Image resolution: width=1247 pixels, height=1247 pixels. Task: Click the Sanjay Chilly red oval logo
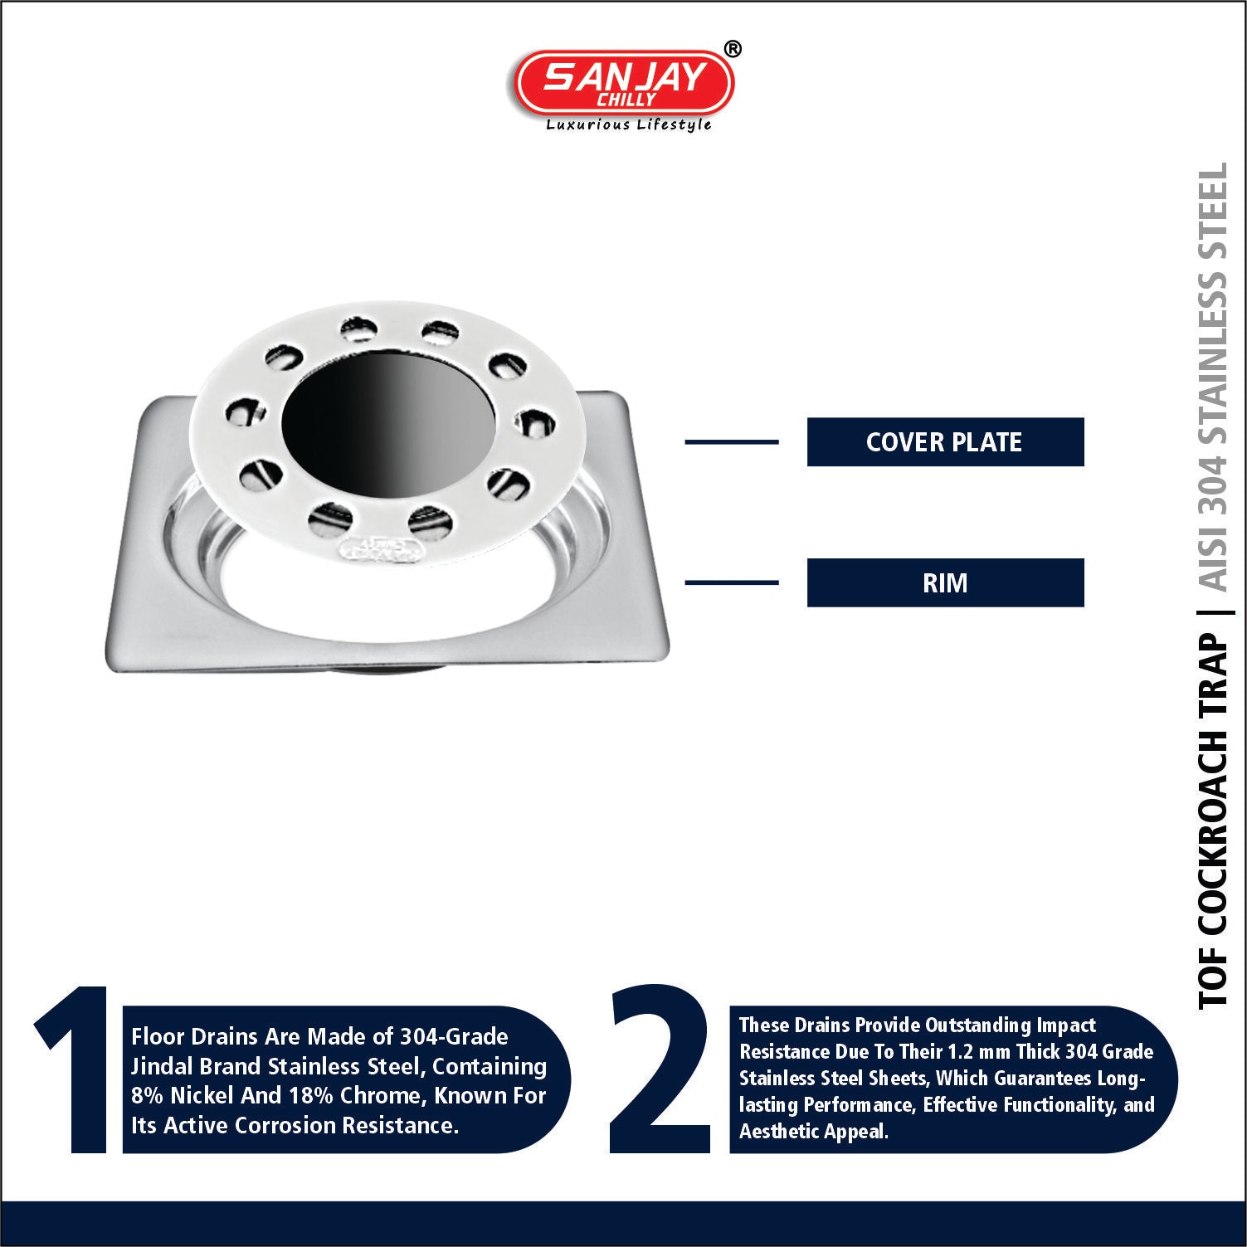[624, 84]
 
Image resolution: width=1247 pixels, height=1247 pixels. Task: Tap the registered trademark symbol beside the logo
[733, 50]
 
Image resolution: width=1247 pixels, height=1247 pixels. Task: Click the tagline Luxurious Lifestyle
[628, 125]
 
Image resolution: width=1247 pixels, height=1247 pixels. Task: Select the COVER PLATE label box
[945, 441]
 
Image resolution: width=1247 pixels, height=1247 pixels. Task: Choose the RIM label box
[945, 582]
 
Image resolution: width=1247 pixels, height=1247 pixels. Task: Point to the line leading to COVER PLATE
[731, 441]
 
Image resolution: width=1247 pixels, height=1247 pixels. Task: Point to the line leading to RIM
[731, 582]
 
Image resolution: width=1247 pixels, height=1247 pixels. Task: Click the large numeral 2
[660, 1069]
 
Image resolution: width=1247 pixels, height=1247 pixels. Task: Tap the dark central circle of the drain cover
[389, 428]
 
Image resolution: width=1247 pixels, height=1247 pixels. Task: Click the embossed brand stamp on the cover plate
[383, 547]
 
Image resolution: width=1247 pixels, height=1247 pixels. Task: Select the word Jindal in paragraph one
[161, 1066]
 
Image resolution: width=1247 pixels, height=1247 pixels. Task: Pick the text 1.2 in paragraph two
[962, 1052]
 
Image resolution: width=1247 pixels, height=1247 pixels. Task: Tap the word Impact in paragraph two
[1066, 1026]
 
